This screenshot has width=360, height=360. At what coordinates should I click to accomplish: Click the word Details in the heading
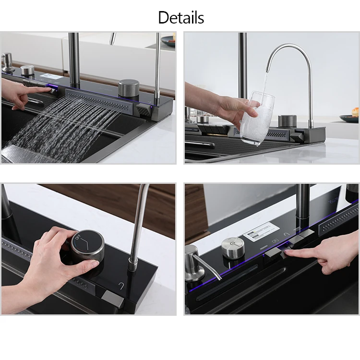click(x=181, y=18)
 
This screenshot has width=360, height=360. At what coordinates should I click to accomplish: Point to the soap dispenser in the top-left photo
click(x=8, y=61)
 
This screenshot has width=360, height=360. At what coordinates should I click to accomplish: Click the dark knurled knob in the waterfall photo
click(x=129, y=89)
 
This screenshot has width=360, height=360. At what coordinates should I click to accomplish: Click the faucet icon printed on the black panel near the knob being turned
click(x=121, y=286)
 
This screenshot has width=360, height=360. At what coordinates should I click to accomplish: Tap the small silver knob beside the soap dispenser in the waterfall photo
click(x=27, y=71)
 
